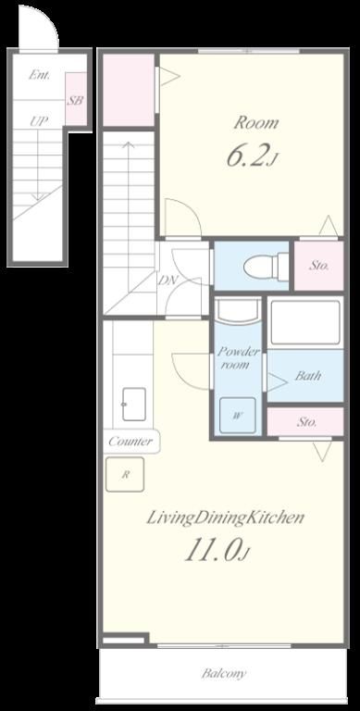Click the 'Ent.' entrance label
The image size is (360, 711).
pos(40,75)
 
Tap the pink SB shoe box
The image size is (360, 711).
pos(76,99)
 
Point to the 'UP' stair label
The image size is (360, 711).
pos(40,121)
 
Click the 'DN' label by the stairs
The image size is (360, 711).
pos(167,281)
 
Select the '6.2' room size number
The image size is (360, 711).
pos(247,156)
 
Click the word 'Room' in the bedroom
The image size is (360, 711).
pos(255,123)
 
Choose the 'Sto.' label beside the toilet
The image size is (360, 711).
pos(319,266)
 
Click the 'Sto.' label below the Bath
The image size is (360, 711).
pos(307,422)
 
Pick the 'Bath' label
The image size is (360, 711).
pos(308,376)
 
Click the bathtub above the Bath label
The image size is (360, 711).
pos(304,323)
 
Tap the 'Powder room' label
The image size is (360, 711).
pos(238,357)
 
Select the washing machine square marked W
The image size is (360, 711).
pos(237,416)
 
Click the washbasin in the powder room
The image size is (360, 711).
pos(238,312)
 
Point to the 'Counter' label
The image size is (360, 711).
pos(130,442)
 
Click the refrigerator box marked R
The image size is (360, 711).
pos(125,474)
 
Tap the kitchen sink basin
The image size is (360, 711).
pos(134,404)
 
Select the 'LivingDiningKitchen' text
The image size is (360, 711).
pos(225,518)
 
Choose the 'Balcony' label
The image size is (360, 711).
pos(224,673)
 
